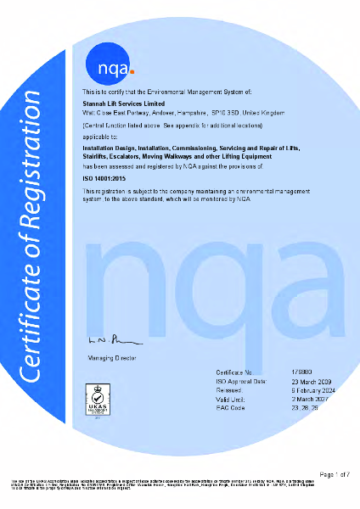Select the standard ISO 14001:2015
[x=104, y=179]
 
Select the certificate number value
[x=300, y=372]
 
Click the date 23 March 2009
[x=311, y=381]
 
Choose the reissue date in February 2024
[x=313, y=390]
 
